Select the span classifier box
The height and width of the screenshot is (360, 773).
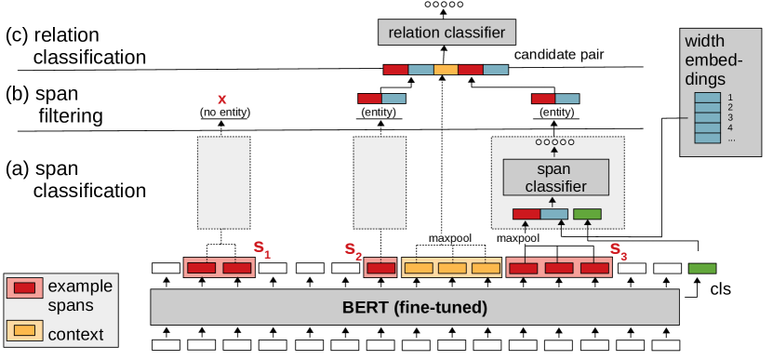click(x=555, y=177)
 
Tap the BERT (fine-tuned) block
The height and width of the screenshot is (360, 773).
click(x=415, y=306)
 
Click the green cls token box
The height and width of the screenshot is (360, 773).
click(x=702, y=268)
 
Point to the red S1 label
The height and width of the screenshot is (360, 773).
click(x=263, y=250)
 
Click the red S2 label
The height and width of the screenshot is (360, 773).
click(x=351, y=250)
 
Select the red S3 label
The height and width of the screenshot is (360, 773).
click(x=618, y=250)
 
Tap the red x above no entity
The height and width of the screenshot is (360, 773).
click(x=221, y=99)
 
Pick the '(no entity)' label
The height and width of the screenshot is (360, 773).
click(x=221, y=113)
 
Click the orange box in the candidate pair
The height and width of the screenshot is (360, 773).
click(x=446, y=70)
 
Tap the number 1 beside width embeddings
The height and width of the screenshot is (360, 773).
click(x=731, y=96)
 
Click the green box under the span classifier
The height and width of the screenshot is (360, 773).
click(x=587, y=215)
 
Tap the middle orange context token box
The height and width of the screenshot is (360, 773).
click(x=450, y=269)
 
